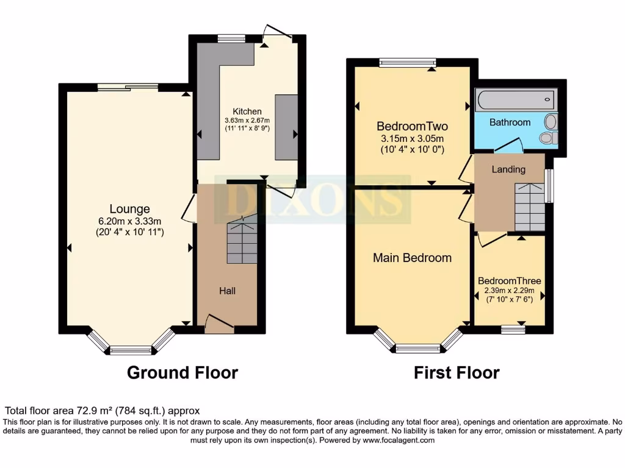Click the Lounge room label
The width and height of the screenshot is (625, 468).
coord(129,209)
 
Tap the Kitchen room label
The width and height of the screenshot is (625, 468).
coord(247,112)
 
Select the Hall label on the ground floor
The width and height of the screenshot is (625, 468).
coord(228,291)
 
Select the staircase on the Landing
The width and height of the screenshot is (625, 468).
coord(529,207)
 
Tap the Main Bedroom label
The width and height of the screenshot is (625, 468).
coord(413,258)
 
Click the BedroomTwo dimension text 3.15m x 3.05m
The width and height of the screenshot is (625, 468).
coord(412,138)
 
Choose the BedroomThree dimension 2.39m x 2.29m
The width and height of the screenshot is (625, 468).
coord(509,291)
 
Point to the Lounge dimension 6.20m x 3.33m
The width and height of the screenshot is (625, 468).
coord(129,221)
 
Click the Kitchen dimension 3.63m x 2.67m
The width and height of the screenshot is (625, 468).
coord(247,121)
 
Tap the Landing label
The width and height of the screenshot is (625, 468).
coord(508,169)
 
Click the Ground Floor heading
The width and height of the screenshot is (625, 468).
coord(182,372)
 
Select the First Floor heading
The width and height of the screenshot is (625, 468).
coord(457,372)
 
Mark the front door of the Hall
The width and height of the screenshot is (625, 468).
coord(219,324)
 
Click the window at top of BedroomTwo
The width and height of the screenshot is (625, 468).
coord(407,62)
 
